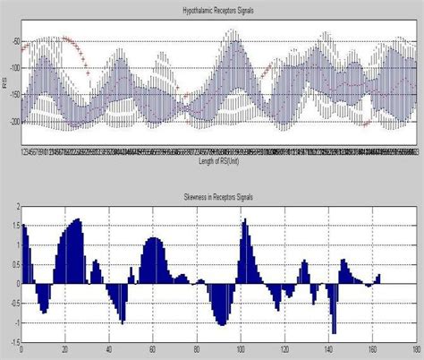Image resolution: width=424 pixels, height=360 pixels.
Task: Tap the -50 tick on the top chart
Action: click(13, 42)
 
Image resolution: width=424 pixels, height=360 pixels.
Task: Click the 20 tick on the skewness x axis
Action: click(64, 349)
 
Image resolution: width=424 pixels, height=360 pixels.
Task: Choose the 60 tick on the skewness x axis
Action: click(153, 349)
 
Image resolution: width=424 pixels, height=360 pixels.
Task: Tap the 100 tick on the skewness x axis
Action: click(241, 349)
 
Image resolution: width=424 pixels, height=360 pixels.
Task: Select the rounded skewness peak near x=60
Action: click(154, 240)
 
